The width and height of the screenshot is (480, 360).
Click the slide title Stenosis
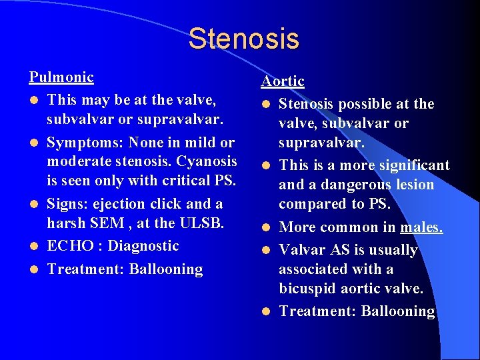[x=243, y=38]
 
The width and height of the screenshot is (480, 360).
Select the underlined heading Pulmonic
[x=61, y=77]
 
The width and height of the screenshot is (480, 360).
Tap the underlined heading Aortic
[x=283, y=81]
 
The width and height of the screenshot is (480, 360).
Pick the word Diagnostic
[x=143, y=246]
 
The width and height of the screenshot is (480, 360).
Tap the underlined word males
[x=421, y=227]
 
